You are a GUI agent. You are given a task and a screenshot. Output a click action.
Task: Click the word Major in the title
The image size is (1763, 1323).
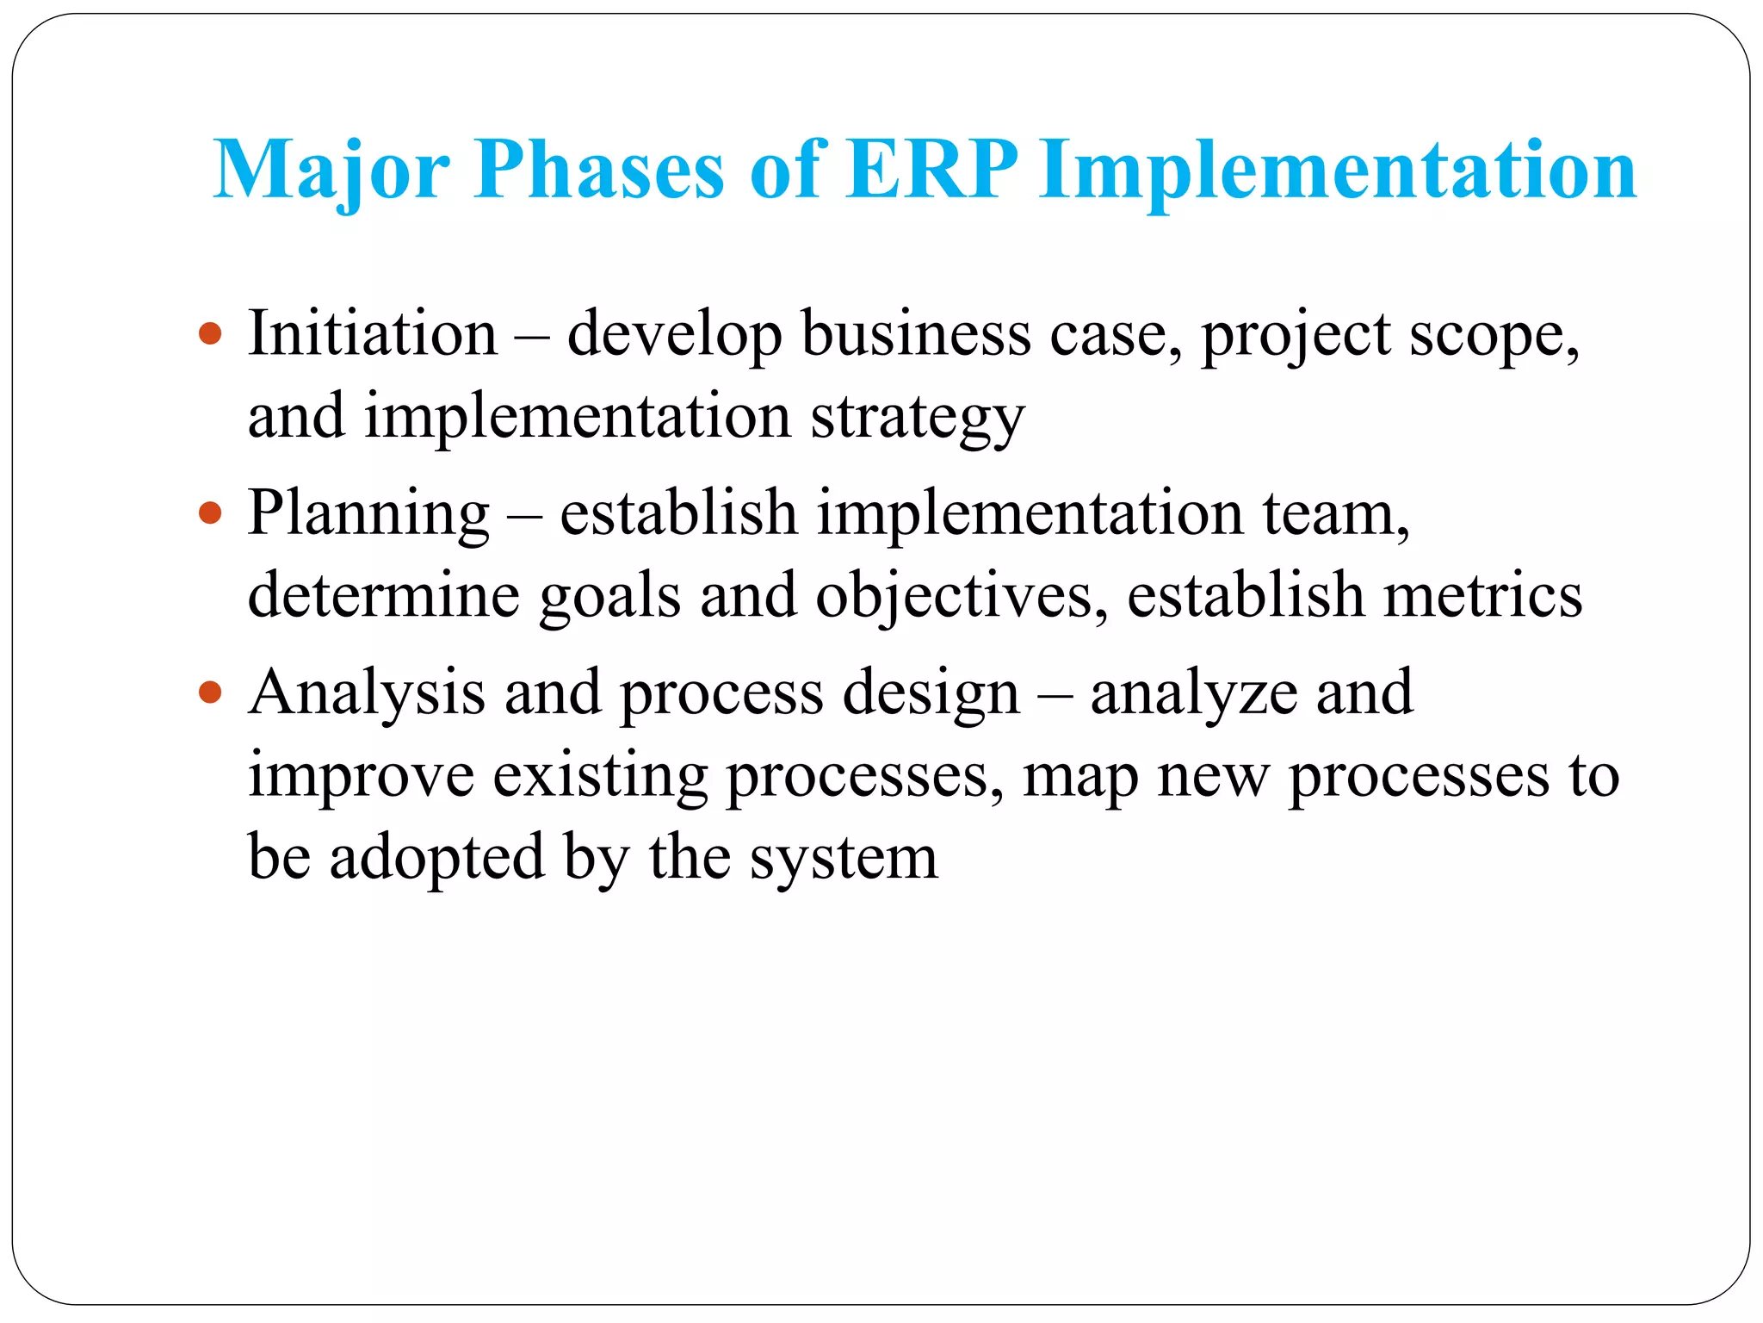331,171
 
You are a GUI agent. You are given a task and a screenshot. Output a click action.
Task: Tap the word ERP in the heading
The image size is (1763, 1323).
931,171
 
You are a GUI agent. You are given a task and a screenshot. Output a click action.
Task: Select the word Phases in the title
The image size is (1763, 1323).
599,171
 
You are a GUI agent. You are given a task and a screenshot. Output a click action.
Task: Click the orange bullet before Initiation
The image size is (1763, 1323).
210,333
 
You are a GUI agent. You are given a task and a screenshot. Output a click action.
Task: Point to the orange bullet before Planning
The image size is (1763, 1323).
210,513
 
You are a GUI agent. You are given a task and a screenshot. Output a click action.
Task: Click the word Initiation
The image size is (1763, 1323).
373,333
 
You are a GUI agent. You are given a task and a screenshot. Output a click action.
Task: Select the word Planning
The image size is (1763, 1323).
368,513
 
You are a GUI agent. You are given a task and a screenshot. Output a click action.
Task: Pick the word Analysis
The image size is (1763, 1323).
366,693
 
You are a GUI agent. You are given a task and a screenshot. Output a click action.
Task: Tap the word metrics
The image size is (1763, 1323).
1482,596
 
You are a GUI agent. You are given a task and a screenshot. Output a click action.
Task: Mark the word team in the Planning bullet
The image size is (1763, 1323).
1334,513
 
